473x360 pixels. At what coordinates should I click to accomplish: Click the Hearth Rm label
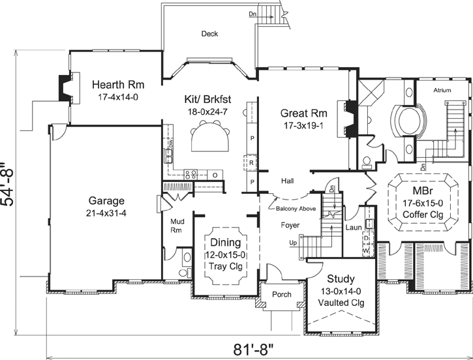pos(117,85)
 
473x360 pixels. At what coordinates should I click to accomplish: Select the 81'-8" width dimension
pos(254,348)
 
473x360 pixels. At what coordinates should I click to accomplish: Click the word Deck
pos(209,34)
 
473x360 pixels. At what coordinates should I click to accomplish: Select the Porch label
pos(281,294)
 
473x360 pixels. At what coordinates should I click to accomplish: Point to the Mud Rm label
pos(177,225)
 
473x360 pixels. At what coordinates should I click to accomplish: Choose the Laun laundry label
pos(352,228)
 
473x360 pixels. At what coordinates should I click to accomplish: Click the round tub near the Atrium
pos(408,121)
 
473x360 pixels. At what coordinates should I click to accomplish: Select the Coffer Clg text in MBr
pos(422,216)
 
